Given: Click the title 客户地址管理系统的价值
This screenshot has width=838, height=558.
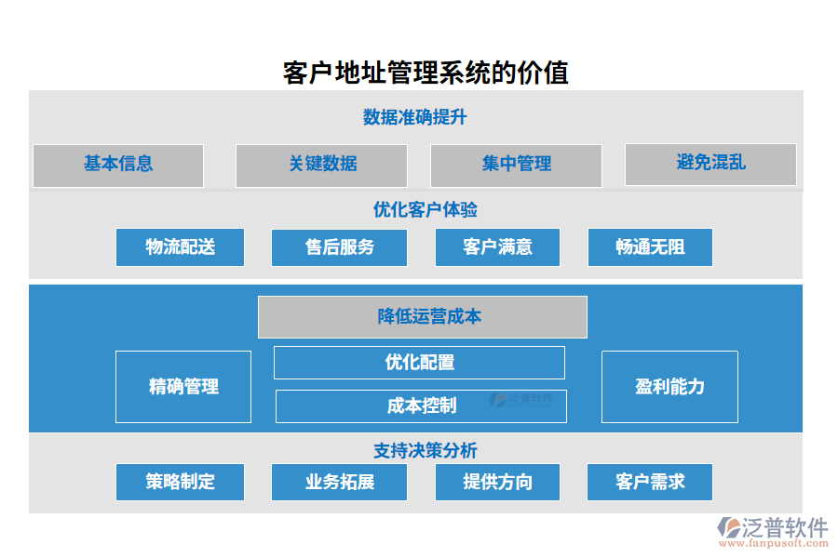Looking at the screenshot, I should tap(426, 73).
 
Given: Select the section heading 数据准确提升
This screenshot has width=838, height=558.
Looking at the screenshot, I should tap(414, 117).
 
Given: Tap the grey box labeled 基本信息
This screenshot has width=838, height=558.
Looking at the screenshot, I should tap(118, 165).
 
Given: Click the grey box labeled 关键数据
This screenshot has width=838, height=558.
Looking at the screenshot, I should tap(321, 165).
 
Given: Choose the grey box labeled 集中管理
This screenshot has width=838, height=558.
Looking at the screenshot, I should tap(516, 165).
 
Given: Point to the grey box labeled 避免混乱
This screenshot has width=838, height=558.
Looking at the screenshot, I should tap(710, 164).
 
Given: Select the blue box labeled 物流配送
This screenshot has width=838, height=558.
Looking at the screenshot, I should tap(180, 247).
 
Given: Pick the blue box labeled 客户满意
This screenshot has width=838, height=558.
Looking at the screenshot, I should tap(497, 247).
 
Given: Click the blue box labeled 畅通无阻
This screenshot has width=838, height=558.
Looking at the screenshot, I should tap(650, 247).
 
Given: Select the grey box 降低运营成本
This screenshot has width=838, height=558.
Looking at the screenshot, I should tap(423, 317).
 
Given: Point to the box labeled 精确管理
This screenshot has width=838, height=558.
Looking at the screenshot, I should tap(183, 387).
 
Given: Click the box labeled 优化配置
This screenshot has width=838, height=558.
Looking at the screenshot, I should tap(419, 363).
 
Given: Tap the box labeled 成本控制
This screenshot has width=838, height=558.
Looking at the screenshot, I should tap(421, 406).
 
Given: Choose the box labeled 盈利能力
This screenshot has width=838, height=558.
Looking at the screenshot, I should tap(669, 387).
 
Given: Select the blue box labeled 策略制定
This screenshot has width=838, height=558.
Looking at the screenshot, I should tap(180, 482).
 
